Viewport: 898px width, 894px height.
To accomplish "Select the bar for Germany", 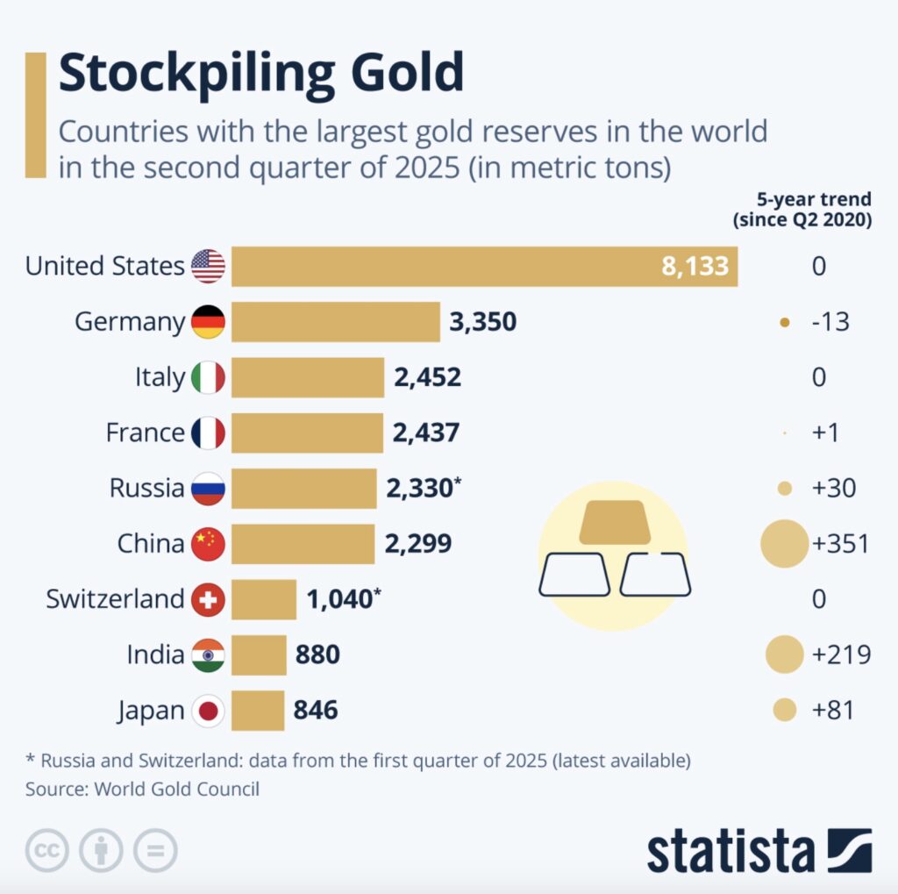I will click(335, 322).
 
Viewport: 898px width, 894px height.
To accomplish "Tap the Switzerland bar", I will click(264, 599).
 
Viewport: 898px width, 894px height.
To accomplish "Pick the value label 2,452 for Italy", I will click(427, 377).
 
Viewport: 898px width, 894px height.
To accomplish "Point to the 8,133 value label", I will click(695, 266).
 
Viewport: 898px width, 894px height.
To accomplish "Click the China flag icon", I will click(208, 544).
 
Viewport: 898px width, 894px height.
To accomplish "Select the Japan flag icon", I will click(208, 710).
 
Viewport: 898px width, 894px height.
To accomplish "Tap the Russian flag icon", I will click(208, 488).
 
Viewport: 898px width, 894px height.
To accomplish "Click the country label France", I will click(146, 433).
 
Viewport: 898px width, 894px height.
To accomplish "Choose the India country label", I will click(156, 654).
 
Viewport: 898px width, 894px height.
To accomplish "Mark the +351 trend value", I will click(841, 544).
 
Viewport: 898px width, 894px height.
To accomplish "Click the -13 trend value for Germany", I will click(830, 322).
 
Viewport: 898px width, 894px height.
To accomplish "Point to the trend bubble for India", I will click(784, 654).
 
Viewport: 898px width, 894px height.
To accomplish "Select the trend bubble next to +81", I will click(785, 710).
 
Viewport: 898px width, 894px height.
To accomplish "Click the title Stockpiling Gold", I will click(260, 75).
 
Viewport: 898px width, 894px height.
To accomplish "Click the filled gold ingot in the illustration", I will click(614, 523).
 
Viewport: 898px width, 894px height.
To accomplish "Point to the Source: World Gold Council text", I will click(142, 789).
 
